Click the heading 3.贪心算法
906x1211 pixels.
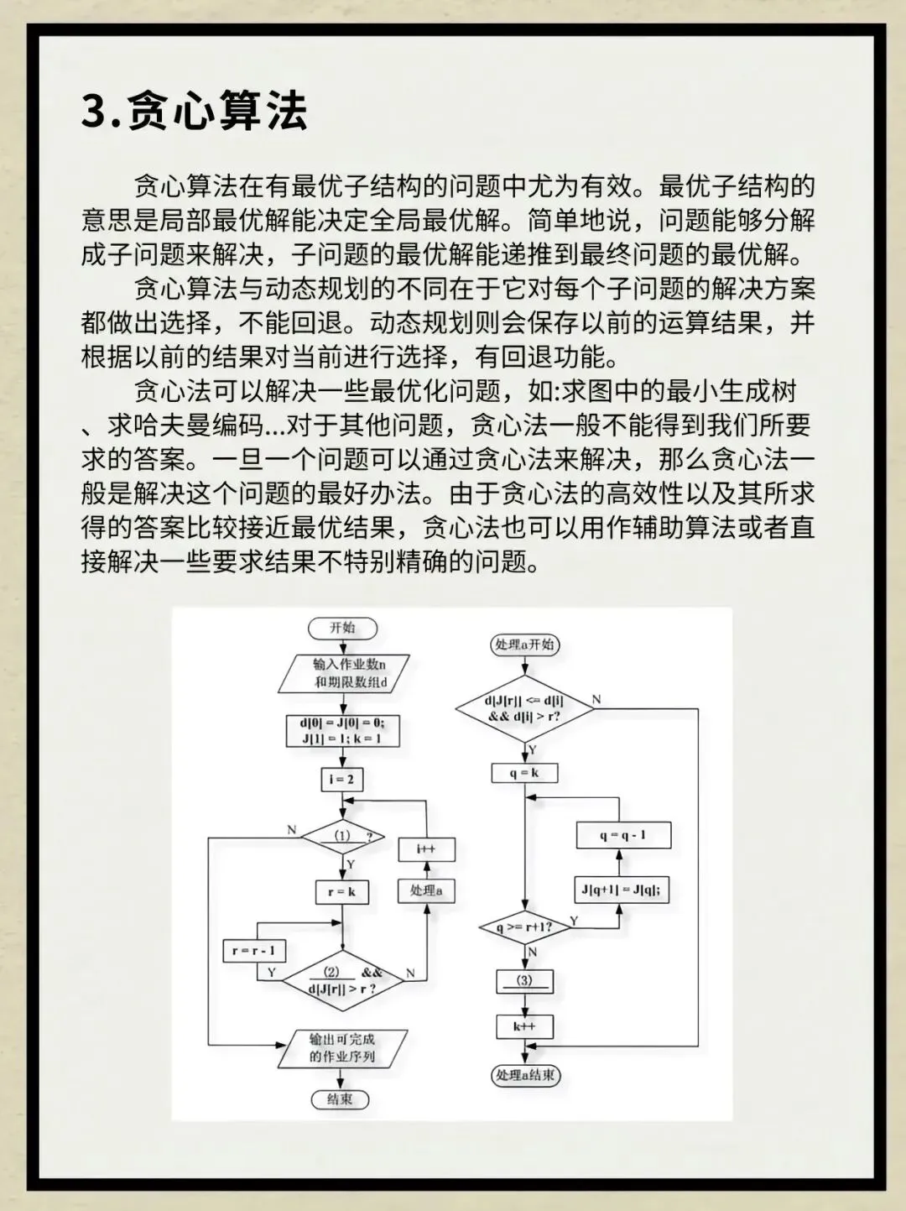pyautogui.click(x=194, y=110)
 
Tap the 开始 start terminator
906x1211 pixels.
pyautogui.click(x=341, y=628)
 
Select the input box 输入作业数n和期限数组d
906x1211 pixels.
pyautogui.click(x=344, y=673)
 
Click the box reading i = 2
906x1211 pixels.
pyautogui.click(x=341, y=780)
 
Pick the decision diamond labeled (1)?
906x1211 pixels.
pyautogui.click(x=342, y=836)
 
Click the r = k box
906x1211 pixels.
pyautogui.click(x=341, y=892)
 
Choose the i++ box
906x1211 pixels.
pyautogui.click(x=426, y=849)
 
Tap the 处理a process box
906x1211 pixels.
pyautogui.click(x=426, y=891)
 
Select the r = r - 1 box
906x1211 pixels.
pyautogui.click(x=253, y=951)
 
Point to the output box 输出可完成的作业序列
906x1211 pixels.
pyautogui.click(x=342, y=1048)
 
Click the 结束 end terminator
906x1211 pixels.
pyautogui.click(x=340, y=1099)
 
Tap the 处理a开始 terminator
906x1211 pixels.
pyautogui.click(x=525, y=645)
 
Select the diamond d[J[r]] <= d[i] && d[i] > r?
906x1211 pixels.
pyautogui.click(x=525, y=708)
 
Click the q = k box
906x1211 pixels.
pyautogui.click(x=524, y=773)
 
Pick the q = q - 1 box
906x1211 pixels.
pyautogui.click(x=622, y=835)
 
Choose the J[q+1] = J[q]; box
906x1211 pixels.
pyautogui.click(x=622, y=890)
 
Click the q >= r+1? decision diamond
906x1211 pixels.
pyautogui.click(x=525, y=927)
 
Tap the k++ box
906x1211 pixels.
pyautogui.click(x=524, y=1026)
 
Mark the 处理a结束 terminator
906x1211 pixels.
pyautogui.click(x=525, y=1075)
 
